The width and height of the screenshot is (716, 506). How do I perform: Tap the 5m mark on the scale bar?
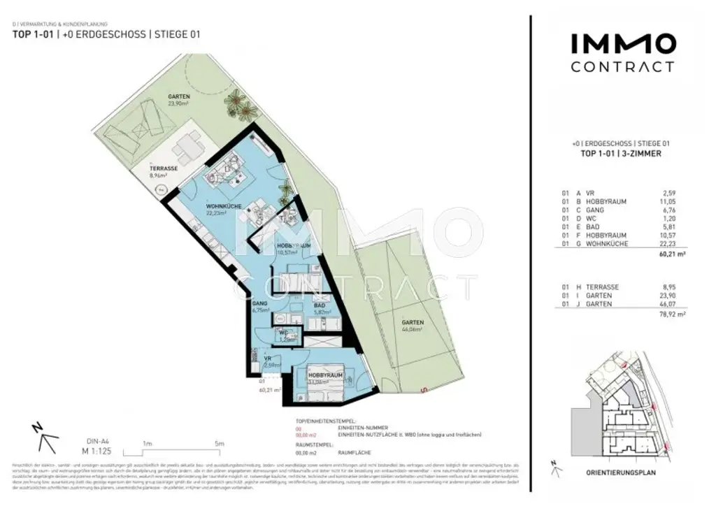(219, 443)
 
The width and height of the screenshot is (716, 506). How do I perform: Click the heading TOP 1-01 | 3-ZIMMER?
(622, 154)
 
